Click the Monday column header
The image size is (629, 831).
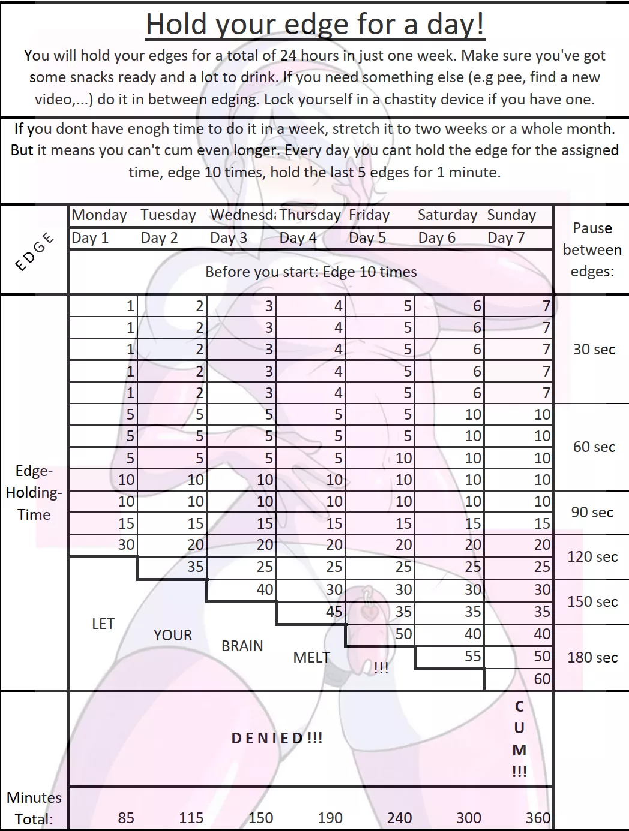pyautogui.click(x=99, y=215)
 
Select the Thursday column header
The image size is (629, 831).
pyautogui.click(x=310, y=215)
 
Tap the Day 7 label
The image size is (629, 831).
pyautogui.click(x=506, y=238)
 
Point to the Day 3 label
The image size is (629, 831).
pyautogui.click(x=229, y=238)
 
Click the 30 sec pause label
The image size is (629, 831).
pyautogui.click(x=594, y=350)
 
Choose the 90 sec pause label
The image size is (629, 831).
pyautogui.click(x=592, y=513)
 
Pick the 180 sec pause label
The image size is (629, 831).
pyautogui.click(x=592, y=658)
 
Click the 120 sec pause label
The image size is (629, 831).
pyautogui.click(x=592, y=557)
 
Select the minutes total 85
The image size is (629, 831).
pyautogui.click(x=126, y=818)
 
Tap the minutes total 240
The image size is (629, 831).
pyautogui.click(x=399, y=818)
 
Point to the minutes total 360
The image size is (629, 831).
pyautogui.click(x=538, y=818)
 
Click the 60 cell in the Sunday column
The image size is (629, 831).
pyautogui.click(x=542, y=679)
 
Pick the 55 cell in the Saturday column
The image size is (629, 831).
pyautogui.click(x=473, y=657)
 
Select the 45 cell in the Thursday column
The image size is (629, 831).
pyautogui.click(x=334, y=612)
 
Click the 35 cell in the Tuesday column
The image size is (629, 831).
pyautogui.click(x=196, y=567)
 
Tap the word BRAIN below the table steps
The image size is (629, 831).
pyautogui.click(x=242, y=646)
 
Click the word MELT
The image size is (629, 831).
pyautogui.click(x=311, y=658)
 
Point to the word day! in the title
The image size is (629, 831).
pyautogui.click(x=456, y=25)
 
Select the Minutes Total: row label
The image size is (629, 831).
pyautogui.click(x=34, y=808)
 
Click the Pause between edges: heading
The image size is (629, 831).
pyautogui.click(x=592, y=250)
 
